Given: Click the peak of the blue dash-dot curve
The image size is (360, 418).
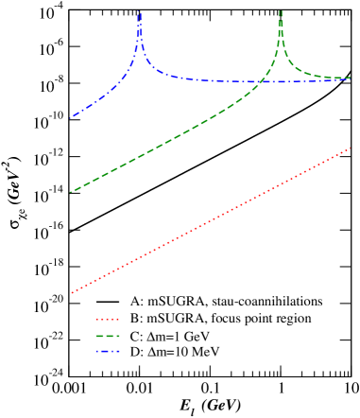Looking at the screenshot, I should point(140,13).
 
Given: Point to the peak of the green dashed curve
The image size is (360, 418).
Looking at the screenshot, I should point(281,11).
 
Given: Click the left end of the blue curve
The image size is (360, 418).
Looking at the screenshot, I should point(71,118).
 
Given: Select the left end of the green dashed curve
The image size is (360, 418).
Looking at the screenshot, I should point(71,192).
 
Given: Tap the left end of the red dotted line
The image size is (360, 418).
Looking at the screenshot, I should point(72,292).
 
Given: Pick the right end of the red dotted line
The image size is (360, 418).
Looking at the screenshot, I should point(351,147).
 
